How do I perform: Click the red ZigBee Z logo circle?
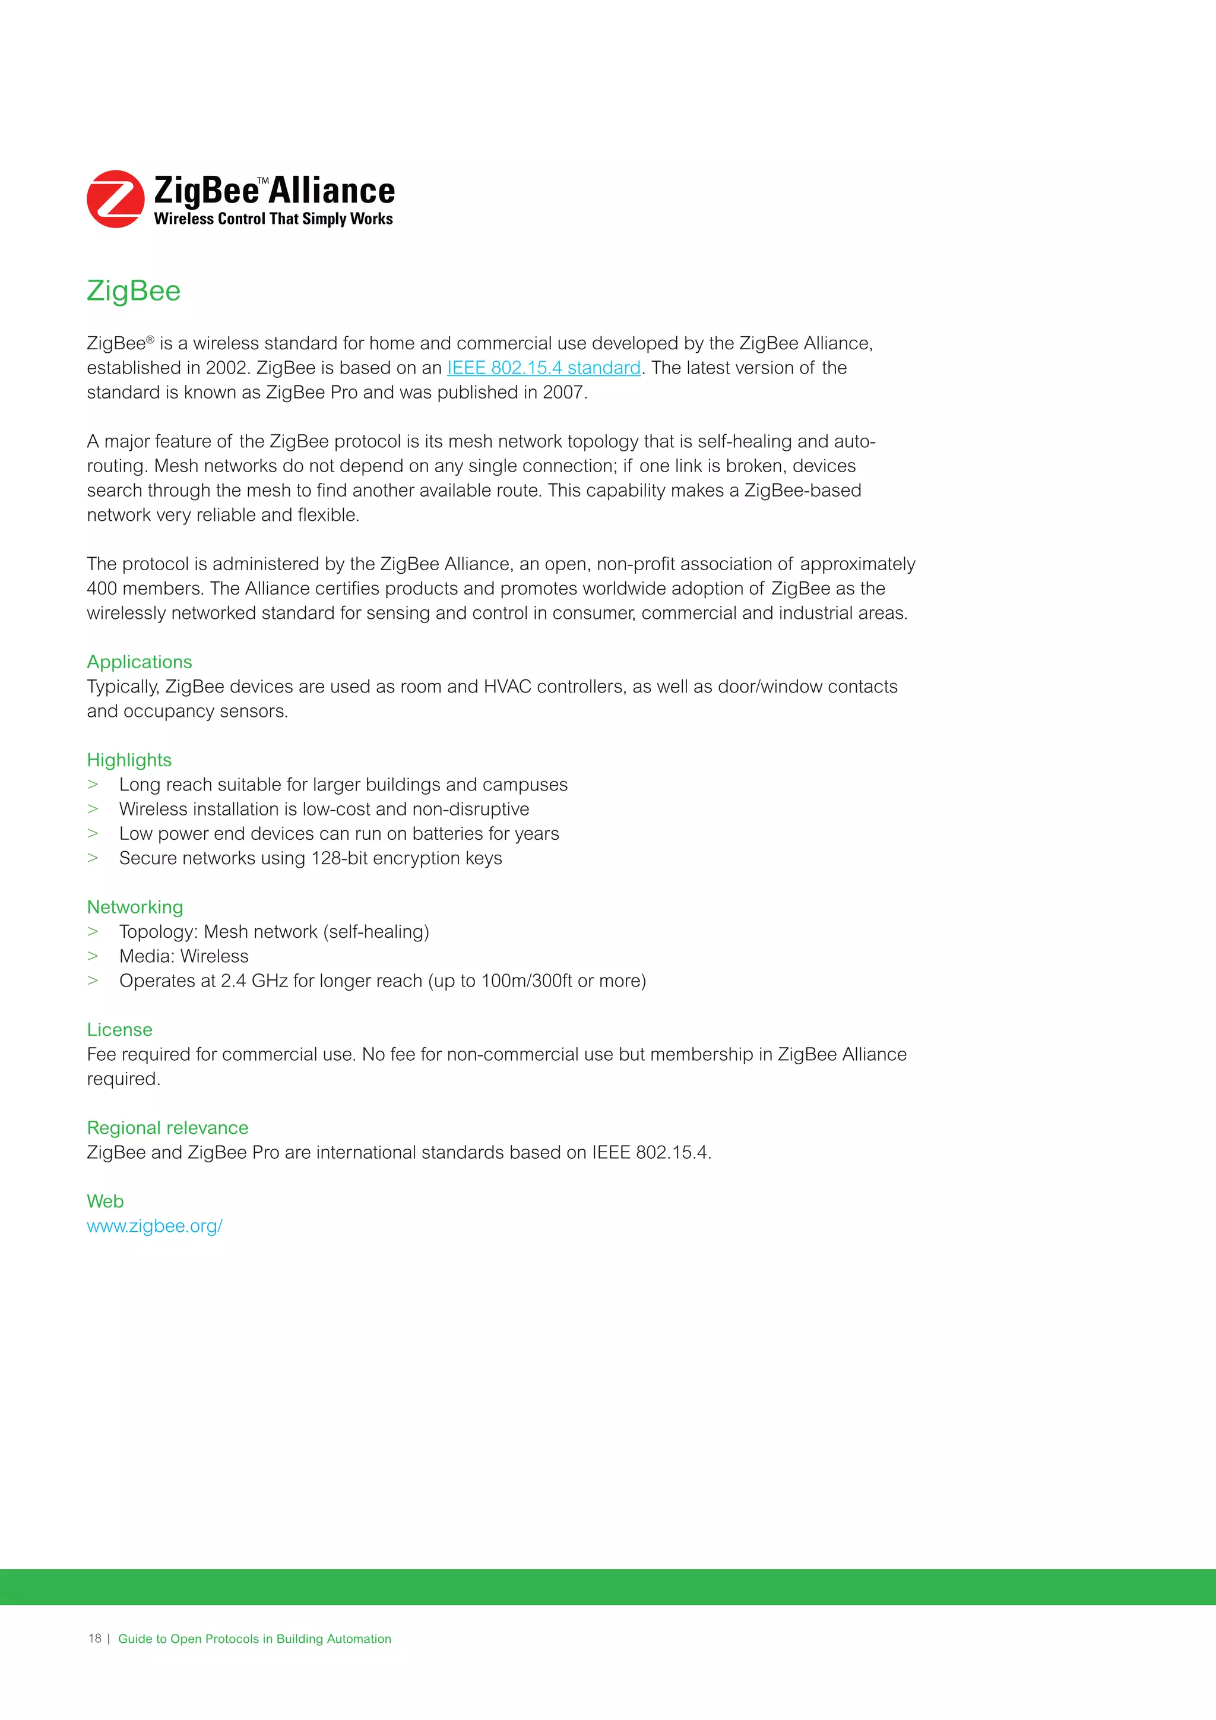tap(115, 198)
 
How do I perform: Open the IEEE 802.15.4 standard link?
tap(544, 368)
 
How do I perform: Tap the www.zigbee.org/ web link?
tap(154, 1226)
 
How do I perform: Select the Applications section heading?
tap(140, 662)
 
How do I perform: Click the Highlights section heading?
tap(129, 760)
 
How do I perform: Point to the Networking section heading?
tap(135, 907)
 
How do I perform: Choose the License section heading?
tap(119, 1030)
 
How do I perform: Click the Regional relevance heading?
tap(167, 1128)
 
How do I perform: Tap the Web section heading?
tap(105, 1202)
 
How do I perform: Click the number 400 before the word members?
tap(102, 589)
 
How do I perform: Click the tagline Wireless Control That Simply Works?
tap(273, 219)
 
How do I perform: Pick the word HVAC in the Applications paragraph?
tap(507, 687)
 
